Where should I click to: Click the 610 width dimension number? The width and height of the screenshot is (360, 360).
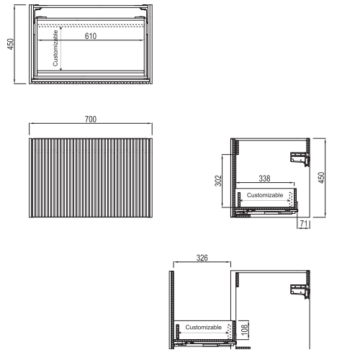(91, 36)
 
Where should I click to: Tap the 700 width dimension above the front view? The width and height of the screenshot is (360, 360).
(91, 120)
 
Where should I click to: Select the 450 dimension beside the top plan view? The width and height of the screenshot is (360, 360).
(11, 44)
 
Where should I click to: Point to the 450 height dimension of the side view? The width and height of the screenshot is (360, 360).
(321, 178)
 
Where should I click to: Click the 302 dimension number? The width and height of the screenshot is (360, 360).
(218, 181)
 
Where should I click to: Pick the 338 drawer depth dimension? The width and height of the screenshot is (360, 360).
(264, 179)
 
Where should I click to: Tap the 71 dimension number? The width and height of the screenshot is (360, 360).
(304, 223)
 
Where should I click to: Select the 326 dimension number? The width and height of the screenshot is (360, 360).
(202, 258)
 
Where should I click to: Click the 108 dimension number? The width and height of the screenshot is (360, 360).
(244, 330)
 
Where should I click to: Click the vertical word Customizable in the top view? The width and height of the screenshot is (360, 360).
(55, 48)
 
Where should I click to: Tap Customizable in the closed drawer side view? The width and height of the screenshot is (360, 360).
(265, 195)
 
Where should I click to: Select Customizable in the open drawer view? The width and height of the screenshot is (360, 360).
(204, 327)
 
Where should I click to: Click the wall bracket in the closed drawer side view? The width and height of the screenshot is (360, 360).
(300, 158)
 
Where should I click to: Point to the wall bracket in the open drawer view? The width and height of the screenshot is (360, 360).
(300, 291)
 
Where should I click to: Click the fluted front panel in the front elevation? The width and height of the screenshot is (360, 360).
(91, 178)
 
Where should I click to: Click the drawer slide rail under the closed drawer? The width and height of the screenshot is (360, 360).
(266, 212)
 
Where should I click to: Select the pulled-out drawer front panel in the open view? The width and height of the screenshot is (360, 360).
(171, 310)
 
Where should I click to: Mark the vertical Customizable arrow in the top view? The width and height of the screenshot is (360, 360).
(61, 49)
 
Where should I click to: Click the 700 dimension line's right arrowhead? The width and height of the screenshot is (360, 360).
(150, 124)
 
